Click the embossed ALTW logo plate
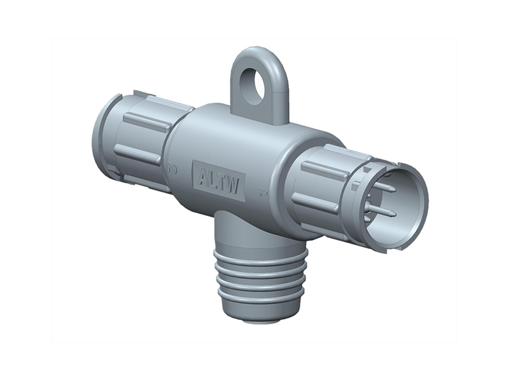point(218,180)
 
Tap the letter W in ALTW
point(233,185)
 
